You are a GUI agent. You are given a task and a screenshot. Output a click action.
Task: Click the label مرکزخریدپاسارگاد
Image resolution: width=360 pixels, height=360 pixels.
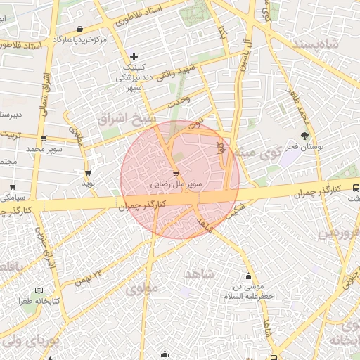click(x=83, y=39)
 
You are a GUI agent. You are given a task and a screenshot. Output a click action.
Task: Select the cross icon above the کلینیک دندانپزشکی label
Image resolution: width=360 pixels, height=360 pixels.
click(x=134, y=56)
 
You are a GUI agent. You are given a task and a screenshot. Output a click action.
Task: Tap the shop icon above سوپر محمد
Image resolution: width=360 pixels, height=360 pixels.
click(x=44, y=139)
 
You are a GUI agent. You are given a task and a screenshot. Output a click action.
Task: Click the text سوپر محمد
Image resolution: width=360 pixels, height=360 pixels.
click(x=44, y=150)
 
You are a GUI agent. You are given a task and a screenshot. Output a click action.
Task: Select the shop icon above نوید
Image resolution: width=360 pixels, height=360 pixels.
click(x=88, y=172)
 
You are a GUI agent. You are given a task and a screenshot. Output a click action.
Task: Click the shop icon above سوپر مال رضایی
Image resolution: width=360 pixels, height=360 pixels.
click(x=175, y=173)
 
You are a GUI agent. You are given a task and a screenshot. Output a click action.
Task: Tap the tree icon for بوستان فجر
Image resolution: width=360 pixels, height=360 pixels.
click(x=304, y=136)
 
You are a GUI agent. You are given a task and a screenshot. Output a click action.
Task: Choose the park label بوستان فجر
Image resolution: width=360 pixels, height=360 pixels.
click(x=304, y=148)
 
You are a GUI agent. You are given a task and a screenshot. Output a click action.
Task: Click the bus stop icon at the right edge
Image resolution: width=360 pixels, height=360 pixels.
click(x=355, y=188)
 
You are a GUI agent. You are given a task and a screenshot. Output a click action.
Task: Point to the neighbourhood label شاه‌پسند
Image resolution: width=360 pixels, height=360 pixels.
click(x=331, y=45)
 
